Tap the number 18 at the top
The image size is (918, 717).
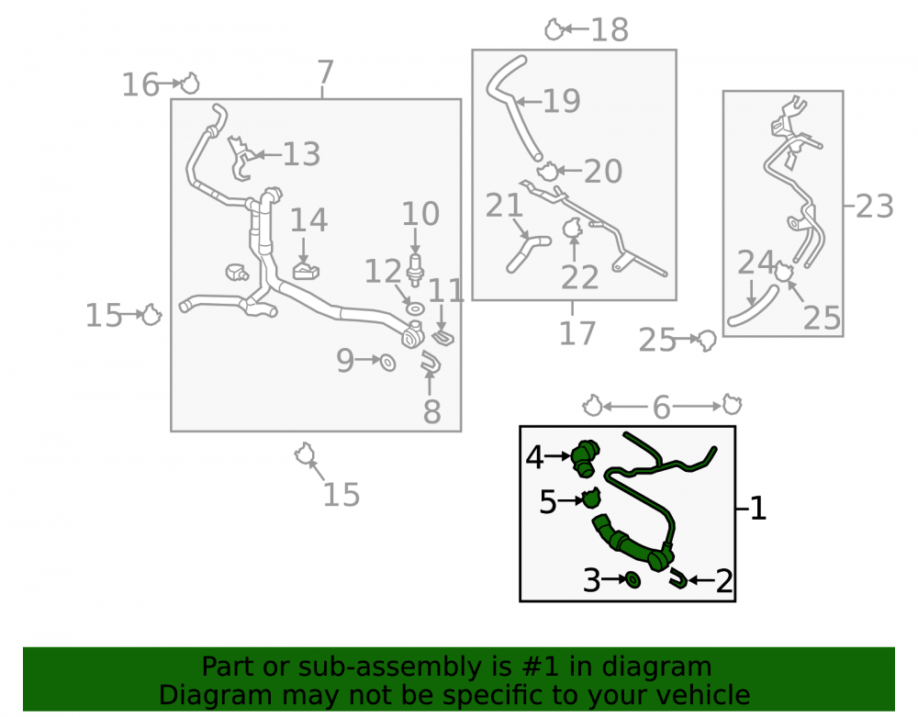[x=610, y=29]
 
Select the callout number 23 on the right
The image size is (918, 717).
[x=875, y=207]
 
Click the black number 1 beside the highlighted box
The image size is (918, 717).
[x=757, y=508]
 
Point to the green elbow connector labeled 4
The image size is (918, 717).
[x=586, y=455]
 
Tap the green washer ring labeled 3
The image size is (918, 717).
[x=633, y=579]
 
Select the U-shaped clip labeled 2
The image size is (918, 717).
[x=678, y=578]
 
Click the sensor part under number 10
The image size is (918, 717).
[x=415, y=270]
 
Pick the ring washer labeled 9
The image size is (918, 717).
[x=387, y=363]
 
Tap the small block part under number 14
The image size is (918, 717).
[x=306, y=271]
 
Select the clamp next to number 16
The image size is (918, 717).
[x=190, y=84]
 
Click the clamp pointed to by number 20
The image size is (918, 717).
[x=548, y=172]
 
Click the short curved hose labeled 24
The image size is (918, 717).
[x=754, y=305]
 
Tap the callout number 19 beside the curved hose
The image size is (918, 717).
[x=561, y=101]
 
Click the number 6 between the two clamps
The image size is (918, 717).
[x=661, y=407]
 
